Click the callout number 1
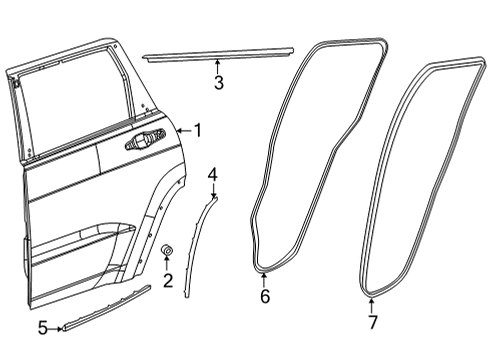pos(197,129)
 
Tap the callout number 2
pos(168,279)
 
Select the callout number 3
pos(218,83)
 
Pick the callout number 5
pos(42,327)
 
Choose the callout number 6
pos(265,296)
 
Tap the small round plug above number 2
pos(168,248)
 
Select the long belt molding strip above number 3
pos(218,53)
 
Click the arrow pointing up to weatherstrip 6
pos(265,277)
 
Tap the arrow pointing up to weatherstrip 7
pos(372,302)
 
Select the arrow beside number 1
pos(181,129)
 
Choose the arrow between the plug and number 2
pos(168,262)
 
